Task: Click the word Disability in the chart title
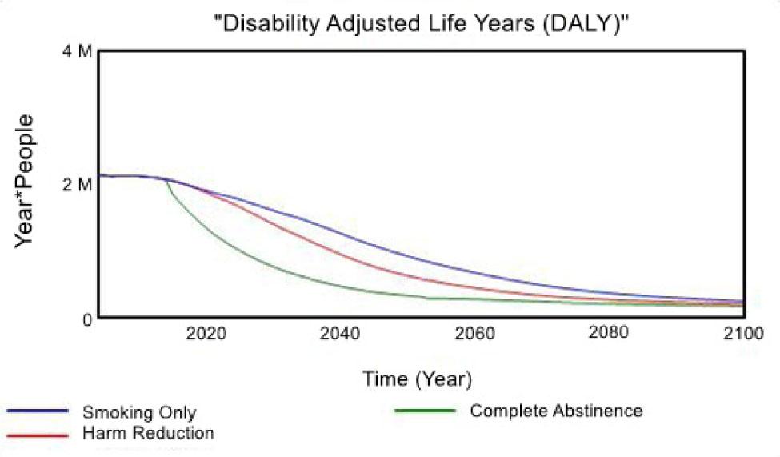coord(270,23)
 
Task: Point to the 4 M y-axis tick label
coord(77,50)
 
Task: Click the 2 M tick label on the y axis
coord(77,185)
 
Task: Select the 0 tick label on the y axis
coord(87,319)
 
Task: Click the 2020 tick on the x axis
coord(206,333)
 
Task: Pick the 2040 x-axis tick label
coord(340,333)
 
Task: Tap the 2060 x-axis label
coord(474,333)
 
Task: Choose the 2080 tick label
coord(608,332)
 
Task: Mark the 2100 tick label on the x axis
coord(743,333)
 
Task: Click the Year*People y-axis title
coord(24,181)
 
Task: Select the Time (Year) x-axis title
coord(417,379)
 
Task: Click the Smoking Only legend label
coord(139,412)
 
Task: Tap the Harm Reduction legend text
coord(148,433)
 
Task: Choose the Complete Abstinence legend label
coord(556,411)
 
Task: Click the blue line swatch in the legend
coord(38,411)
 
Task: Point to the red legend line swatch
coord(38,435)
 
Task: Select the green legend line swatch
coord(425,411)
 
